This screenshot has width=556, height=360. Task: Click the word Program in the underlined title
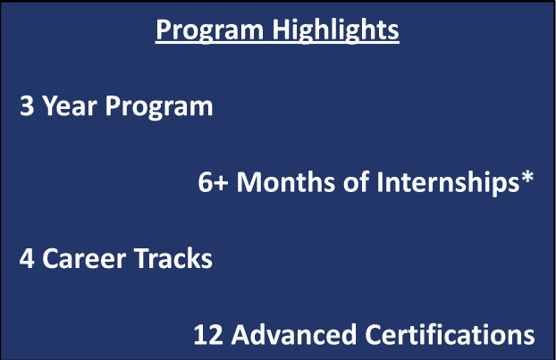210,31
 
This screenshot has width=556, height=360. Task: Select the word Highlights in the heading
335,31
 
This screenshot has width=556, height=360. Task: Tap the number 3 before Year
27,105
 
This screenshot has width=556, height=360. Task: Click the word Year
70,105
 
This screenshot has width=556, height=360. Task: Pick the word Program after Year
159,107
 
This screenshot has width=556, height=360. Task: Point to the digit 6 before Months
206,181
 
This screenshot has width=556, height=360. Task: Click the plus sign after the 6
221,183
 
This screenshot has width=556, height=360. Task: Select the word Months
286,181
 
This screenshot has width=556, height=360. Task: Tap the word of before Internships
356,181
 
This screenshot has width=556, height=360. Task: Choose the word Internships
448,183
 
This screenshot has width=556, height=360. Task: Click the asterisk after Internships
527,176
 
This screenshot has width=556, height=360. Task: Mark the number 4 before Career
27,258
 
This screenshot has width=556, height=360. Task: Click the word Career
84,258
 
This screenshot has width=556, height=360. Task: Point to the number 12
208,334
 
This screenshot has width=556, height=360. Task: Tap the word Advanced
293,333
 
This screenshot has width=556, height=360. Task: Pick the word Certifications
450,333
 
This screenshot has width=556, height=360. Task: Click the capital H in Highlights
281,29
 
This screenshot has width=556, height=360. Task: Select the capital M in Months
250,181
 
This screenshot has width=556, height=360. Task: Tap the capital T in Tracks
143,258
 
